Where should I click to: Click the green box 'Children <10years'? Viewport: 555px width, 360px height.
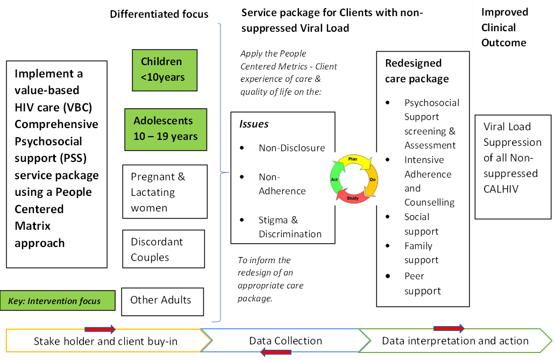(x=165, y=70)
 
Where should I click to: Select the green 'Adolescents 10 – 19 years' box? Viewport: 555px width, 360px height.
(x=166, y=129)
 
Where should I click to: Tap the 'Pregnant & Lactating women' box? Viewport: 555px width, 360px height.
(x=165, y=192)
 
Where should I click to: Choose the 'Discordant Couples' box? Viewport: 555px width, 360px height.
(x=163, y=249)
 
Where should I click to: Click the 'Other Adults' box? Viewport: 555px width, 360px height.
(x=162, y=300)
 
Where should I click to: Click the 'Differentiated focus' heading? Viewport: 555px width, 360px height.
(x=159, y=14)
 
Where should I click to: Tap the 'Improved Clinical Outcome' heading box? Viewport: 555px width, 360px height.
(x=504, y=27)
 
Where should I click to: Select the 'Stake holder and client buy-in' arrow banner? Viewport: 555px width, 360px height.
(x=105, y=341)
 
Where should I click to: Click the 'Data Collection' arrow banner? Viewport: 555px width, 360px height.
(x=286, y=341)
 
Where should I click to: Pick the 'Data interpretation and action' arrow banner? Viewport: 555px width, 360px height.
(x=455, y=341)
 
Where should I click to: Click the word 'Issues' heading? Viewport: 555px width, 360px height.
(x=254, y=124)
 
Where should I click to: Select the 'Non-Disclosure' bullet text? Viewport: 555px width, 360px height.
(x=291, y=148)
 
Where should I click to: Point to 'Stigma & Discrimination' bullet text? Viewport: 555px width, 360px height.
(x=290, y=227)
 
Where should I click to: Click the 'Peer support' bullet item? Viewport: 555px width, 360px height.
(x=422, y=284)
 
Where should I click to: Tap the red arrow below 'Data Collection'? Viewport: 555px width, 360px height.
(x=276, y=352)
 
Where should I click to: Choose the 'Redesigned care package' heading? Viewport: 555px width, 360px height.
(x=416, y=70)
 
